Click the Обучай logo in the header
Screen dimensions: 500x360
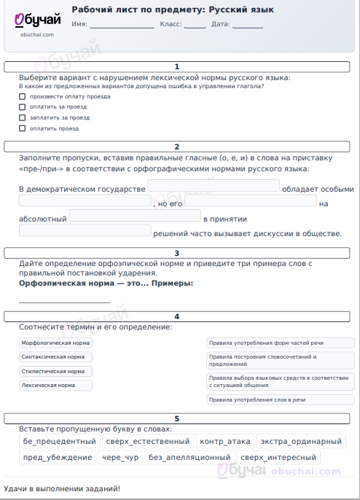click(x=35, y=21)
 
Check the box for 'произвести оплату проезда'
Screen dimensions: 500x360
click(x=22, y=96)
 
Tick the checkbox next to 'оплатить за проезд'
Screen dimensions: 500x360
click(x=22, y=106)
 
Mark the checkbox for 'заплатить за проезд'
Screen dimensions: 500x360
click(x=22, y=117)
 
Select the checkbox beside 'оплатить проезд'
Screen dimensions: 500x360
click(x=22, y=128)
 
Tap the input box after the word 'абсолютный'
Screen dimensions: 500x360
click(x=135, y=216)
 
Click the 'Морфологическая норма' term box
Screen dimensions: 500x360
click(x=56, y=343)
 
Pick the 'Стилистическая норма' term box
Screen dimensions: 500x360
click(x=56, y=371)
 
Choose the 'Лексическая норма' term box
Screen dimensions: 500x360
click(x=56, y=385)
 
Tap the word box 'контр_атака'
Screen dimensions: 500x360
click(x=225, y=442)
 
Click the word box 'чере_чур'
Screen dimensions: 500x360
click(x=120, y=458)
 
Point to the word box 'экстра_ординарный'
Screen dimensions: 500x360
click(x=300, y=442)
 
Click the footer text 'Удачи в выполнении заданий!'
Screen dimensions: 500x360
click(x=62, y=488)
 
